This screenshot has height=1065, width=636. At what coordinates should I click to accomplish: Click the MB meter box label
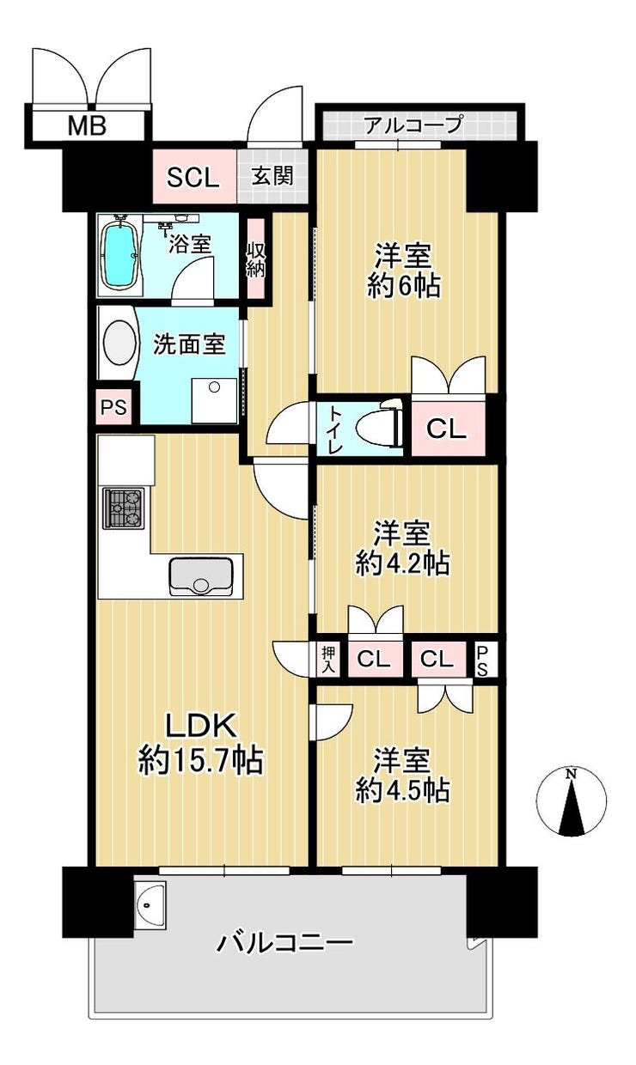(87, 126)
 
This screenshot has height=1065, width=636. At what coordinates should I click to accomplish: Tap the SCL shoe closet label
(193, 179)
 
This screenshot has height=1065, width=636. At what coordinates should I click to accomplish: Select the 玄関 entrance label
(272, 177)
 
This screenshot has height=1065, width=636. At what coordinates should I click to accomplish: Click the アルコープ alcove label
(413, 125)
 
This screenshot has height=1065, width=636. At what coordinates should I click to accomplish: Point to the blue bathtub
(119, 254)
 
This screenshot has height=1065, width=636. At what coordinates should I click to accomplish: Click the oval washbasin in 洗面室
(119, 344)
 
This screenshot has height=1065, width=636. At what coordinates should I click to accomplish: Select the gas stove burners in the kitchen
(123, 508)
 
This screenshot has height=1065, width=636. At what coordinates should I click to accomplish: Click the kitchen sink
(201, 576)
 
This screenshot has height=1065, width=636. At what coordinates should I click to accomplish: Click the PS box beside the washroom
(113, 407)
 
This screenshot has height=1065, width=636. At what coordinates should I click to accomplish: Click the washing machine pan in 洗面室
(214, 400)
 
